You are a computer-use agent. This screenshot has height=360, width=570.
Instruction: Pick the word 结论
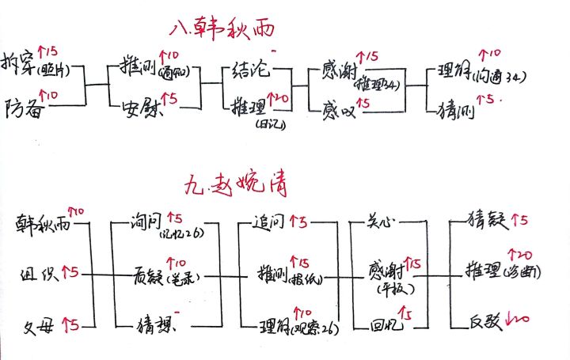(x=250, y=69)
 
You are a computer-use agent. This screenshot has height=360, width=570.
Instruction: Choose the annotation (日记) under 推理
(x=265, y=124)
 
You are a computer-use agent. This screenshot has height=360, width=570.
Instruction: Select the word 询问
(x=142, y=224)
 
